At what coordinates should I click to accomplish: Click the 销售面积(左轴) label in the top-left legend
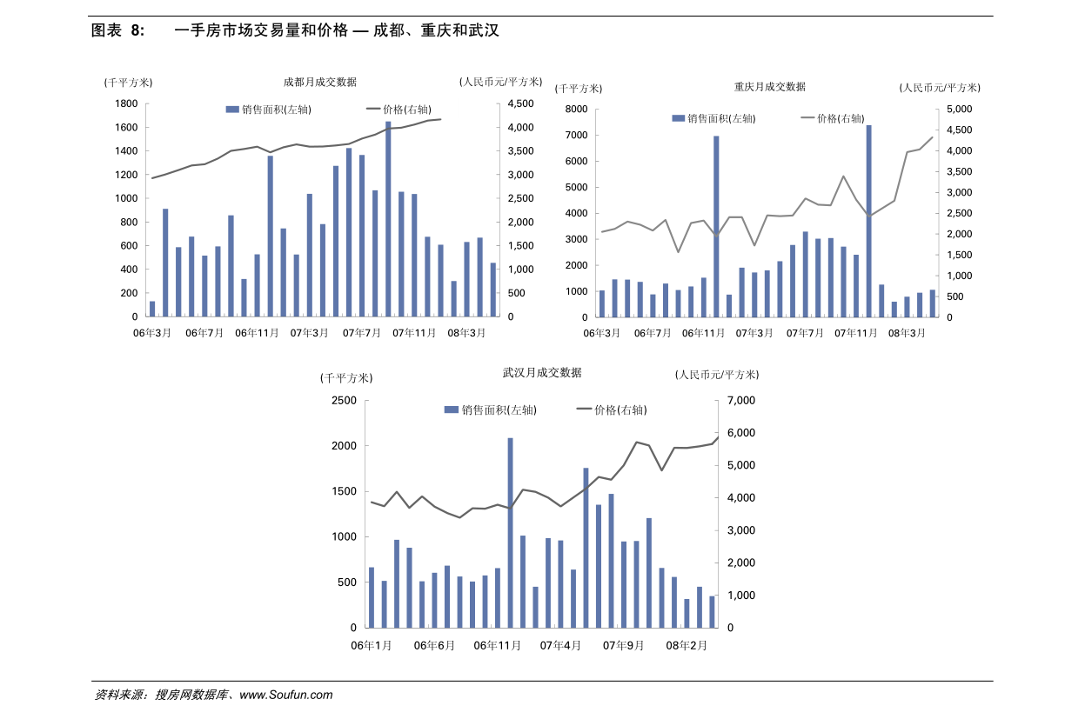point(276,110)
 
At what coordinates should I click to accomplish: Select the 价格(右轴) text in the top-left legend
point(406,110)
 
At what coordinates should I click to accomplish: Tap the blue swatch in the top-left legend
point(232,110)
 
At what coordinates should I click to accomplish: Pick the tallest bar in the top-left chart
point(388,217)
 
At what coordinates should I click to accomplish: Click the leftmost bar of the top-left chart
point(152,309)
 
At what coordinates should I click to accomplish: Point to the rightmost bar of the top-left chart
point(492,290)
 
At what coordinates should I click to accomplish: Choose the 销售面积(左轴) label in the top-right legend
point(721,118)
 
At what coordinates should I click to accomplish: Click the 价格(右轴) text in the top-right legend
point(840,118)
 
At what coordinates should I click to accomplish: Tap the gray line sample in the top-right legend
point(807,117)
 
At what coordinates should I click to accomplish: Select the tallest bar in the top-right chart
point(868,221)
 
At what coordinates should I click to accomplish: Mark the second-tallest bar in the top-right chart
point(717,226)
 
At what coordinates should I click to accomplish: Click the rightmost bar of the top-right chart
point(932,303)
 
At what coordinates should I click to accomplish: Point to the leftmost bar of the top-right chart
point(602,303)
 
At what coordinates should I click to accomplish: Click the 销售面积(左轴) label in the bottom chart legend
point(499,409)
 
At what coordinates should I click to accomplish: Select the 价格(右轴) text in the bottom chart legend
point(620,409)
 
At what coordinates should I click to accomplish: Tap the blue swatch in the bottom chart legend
point(451,409)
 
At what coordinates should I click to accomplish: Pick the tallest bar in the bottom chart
point(510,532)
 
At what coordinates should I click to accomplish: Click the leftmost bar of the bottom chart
point(372,597)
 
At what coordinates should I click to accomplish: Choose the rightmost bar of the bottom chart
point(712,611)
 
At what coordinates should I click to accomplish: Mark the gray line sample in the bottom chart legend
point(584,409)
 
